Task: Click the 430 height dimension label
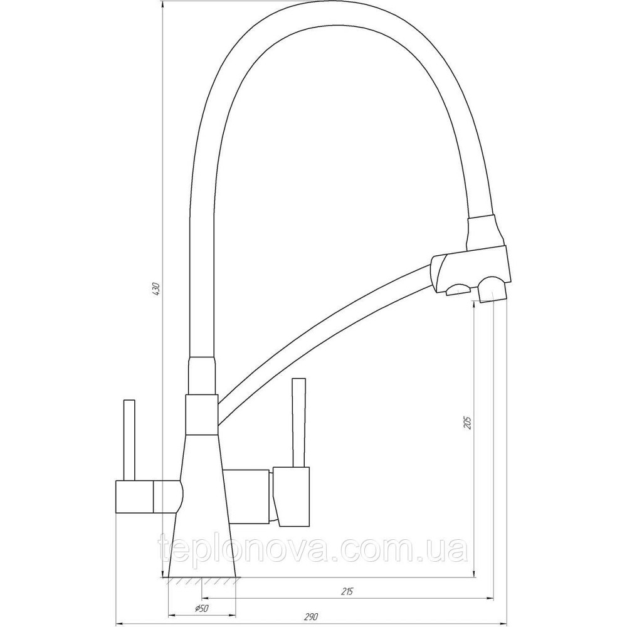pos(156,290)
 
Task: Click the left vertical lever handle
pos(130,439)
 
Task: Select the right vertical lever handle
pos(299,423)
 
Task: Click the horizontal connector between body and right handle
pos(250,495)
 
